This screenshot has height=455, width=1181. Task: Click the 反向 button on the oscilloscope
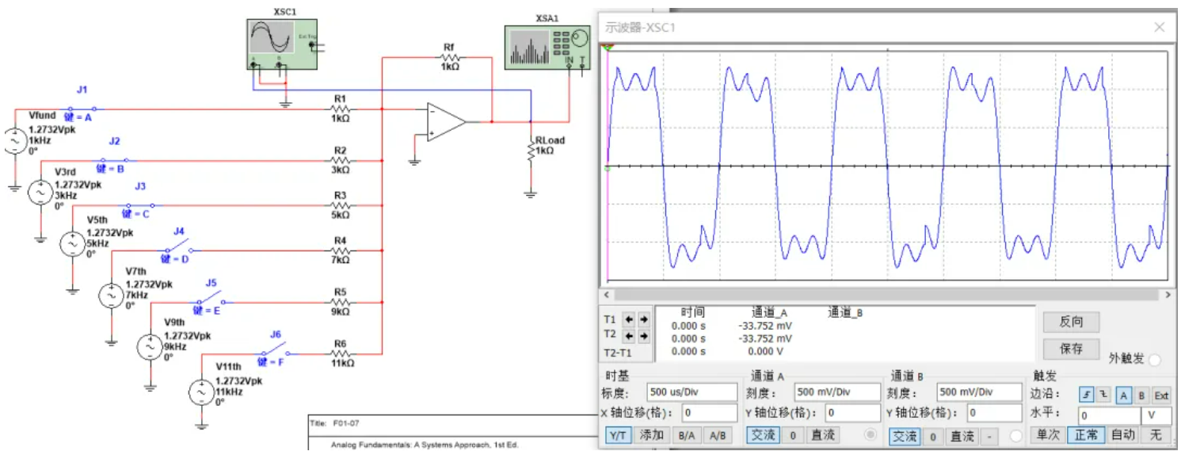click(1071, 322)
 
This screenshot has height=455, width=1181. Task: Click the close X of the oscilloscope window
click(1160, 27)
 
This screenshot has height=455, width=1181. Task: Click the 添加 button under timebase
click(652, 435)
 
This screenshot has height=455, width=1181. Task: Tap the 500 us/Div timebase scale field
click(691, 392)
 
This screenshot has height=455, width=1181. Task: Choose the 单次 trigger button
click(1048, 435)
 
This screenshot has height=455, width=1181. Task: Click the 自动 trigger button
click(1122, 435)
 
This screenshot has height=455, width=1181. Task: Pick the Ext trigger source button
click(1160, 395)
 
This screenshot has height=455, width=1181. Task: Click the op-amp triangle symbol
click(445, 122)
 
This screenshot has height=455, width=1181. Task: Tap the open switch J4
click(180, 248)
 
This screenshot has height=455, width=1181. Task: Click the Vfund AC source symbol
click(14, 140)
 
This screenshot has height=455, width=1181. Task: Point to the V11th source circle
click(200, 392)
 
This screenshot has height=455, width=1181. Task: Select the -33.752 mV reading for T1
click(765, 326)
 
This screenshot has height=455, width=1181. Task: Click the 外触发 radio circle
click(1154, 360)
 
